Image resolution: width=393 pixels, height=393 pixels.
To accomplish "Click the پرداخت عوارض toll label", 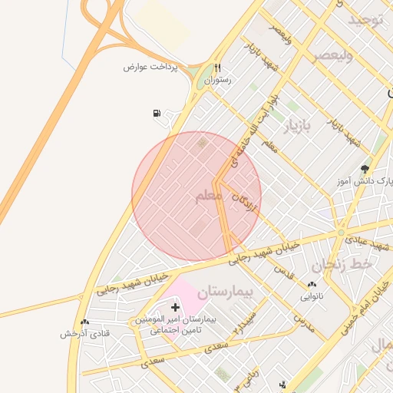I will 150,67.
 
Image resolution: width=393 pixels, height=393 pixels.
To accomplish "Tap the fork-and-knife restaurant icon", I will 218,68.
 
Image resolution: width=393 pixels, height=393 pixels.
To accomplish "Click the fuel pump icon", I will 157,114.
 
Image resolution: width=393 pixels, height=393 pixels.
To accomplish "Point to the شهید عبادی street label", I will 371,243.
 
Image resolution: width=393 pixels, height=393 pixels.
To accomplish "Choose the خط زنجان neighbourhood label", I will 342,264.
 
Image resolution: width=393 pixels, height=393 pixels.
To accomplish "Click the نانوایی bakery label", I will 311,295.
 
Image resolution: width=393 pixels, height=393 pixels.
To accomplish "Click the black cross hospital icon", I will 175,307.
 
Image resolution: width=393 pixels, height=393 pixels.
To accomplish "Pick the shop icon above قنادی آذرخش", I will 84,322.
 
